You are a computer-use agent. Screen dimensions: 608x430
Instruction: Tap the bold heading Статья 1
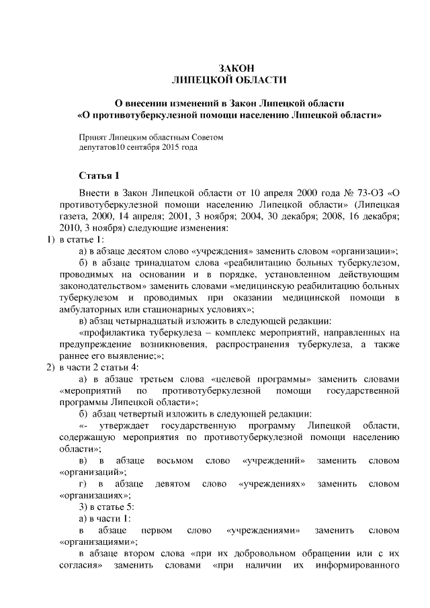click(x=99, y=176)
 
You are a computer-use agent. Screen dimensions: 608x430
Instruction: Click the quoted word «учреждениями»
click(x=263, y=530)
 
